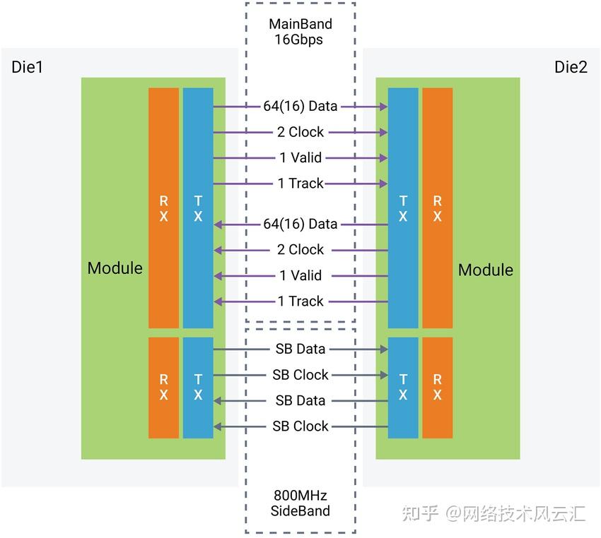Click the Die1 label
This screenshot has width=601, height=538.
(27, 67)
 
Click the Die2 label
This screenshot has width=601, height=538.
(571, 67)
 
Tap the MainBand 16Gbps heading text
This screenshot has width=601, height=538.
(300, 31)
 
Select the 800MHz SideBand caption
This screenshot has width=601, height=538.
(300, 503)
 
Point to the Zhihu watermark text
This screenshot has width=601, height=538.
(494, 513)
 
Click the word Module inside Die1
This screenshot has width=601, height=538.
(115, 268)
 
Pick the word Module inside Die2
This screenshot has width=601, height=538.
(486, 270)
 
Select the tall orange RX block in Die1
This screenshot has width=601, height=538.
(163, 208)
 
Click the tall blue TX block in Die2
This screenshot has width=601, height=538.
(403, 208)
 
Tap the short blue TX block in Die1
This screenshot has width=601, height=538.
(198, 387)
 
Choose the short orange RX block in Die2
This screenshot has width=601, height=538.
(438, 387)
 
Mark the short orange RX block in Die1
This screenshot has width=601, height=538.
(163, 387)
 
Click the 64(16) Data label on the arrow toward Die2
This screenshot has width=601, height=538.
(300, 106)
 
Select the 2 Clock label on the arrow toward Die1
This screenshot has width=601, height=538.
(300, 249)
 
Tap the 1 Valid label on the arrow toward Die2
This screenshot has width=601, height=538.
(300, 157)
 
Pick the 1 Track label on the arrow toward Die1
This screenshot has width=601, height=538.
(300, 301)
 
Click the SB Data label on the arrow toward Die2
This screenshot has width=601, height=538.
(300, 349)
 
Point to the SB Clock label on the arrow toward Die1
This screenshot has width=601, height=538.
(300, 426)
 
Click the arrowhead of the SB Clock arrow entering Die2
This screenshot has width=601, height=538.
(384, 375)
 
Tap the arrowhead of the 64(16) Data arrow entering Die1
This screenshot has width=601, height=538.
(218, 225)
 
